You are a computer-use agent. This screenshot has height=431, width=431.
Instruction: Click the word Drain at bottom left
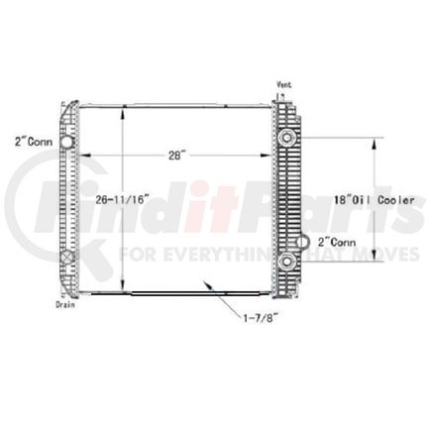[66, 306]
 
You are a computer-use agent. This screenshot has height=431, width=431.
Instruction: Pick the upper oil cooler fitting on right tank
[287, 136]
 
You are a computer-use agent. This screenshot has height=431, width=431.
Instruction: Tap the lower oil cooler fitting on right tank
[287, 262]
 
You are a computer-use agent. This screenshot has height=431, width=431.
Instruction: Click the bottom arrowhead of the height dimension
[123, 289]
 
